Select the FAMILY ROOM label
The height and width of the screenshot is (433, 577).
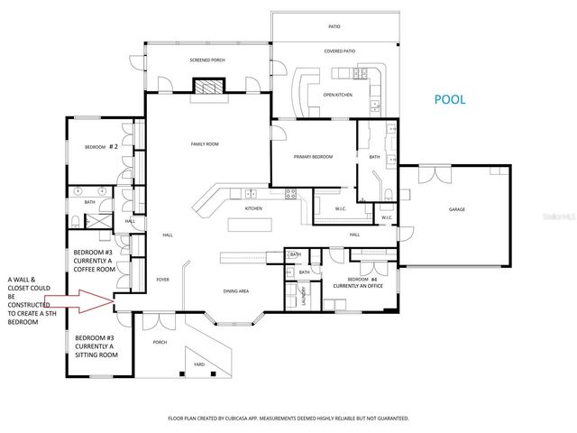coord(205,144)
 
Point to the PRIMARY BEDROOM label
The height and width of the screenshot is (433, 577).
coord(314,157)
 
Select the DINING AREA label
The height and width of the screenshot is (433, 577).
coord(236,291)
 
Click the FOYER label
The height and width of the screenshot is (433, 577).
coord(163,279)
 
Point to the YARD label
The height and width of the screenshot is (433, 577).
coord(198,364)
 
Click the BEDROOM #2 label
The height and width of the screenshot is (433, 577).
coord(102,146)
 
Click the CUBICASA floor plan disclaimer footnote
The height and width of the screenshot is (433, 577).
coord(288,419)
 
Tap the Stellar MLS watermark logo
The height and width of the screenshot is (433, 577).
coord(553,216)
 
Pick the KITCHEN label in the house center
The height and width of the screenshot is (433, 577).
coord(253,208)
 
